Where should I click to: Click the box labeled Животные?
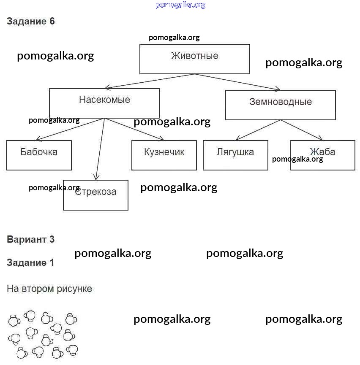coord(194,59)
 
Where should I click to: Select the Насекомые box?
coord(104,103)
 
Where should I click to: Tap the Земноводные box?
coord(280,105)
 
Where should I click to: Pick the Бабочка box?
coord(39,155)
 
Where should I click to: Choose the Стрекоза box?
coord(95,195)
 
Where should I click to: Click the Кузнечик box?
coord(164,155)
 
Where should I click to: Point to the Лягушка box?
coord(235,155)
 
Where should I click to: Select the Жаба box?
coord(322,155)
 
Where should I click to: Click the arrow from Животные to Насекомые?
coord(150,81)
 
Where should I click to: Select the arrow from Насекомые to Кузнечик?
coord(134,129)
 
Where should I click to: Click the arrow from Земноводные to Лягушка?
coord(258,130)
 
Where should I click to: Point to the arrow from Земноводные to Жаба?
coord(302,130)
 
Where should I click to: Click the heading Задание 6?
coord(31,22)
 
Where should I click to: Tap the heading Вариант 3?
coord(31,240)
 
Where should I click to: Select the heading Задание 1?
coord(31,262)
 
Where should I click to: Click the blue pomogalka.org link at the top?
coord(180,5)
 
